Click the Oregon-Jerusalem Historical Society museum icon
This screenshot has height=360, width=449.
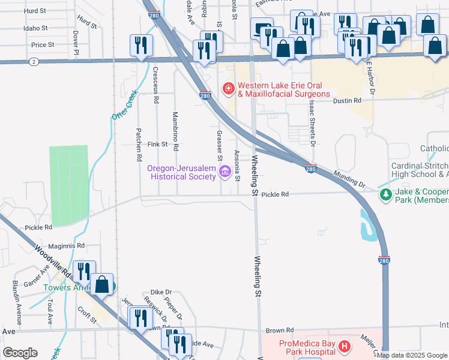pyautogui.click(x=225, y=173)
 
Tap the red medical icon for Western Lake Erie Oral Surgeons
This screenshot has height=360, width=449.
pyautogui.click(x=228, y=89)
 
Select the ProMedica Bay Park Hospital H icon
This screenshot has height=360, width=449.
pyautogui.click(x=344, y=346)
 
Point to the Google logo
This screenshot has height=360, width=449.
pyautogui.click(x=20, y=353)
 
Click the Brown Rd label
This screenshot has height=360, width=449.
pyautogui.click(x=280, y=330)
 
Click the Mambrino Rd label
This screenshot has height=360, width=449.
pyautogui.click(x=175, y=131)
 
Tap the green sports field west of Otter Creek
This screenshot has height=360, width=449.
pyautogui.click(x=70, y=183)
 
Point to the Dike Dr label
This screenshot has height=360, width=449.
pyautogui.click(x=161, y=292)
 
